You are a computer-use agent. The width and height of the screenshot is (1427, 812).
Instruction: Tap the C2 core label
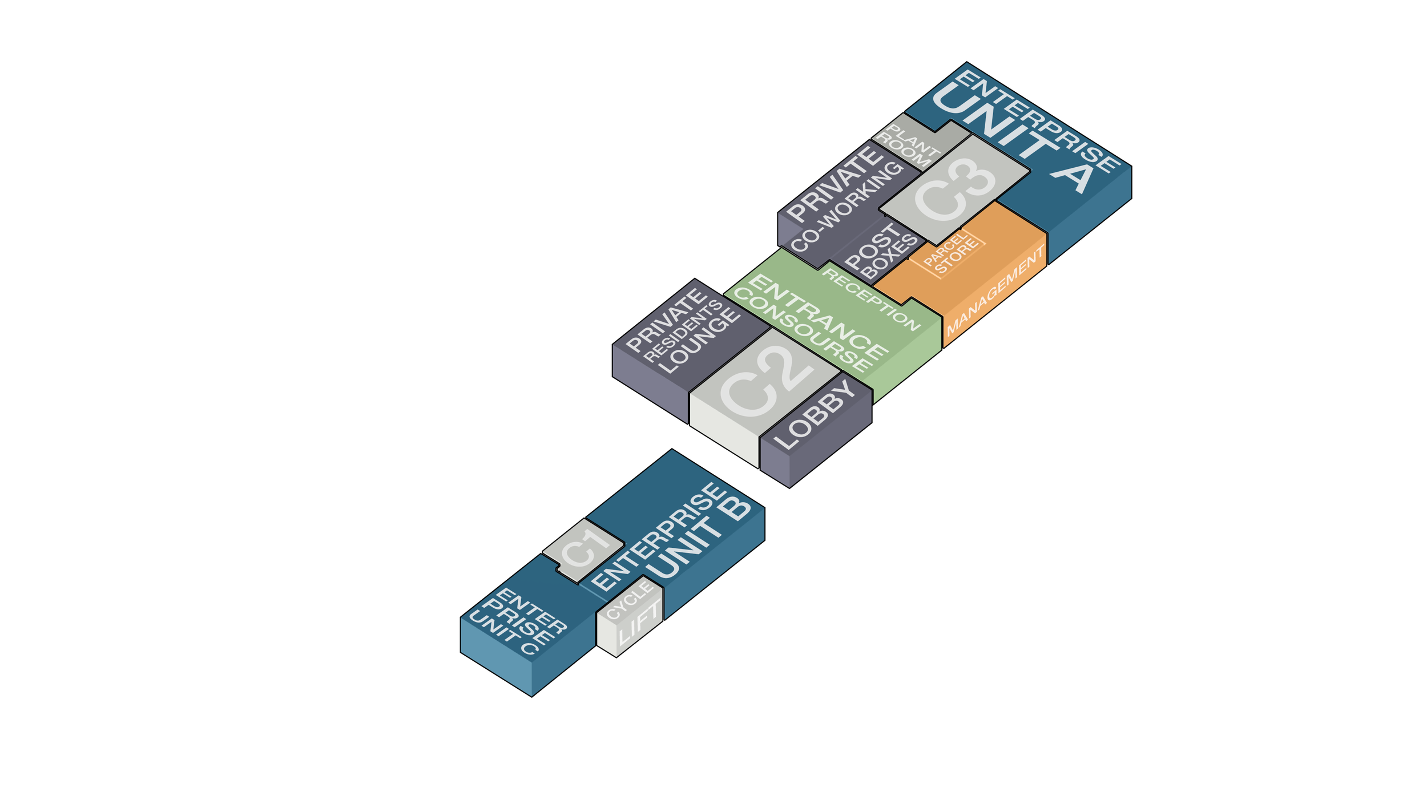766,382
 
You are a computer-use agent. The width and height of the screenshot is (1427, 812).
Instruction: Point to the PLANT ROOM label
908,145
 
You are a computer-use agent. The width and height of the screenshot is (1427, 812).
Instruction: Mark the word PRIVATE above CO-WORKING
835,184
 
